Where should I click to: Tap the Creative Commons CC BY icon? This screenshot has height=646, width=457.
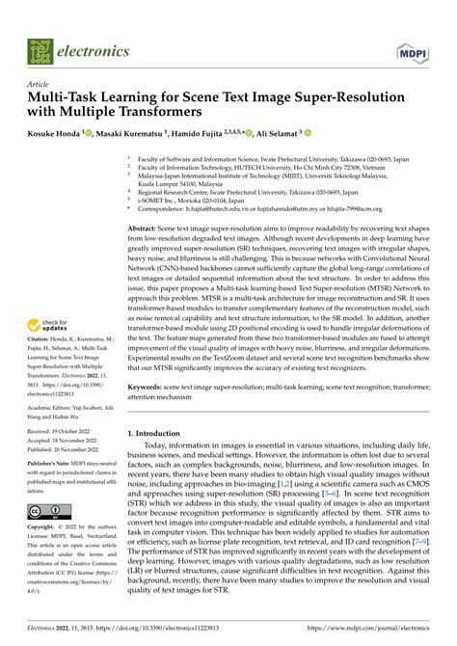[46, 508]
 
